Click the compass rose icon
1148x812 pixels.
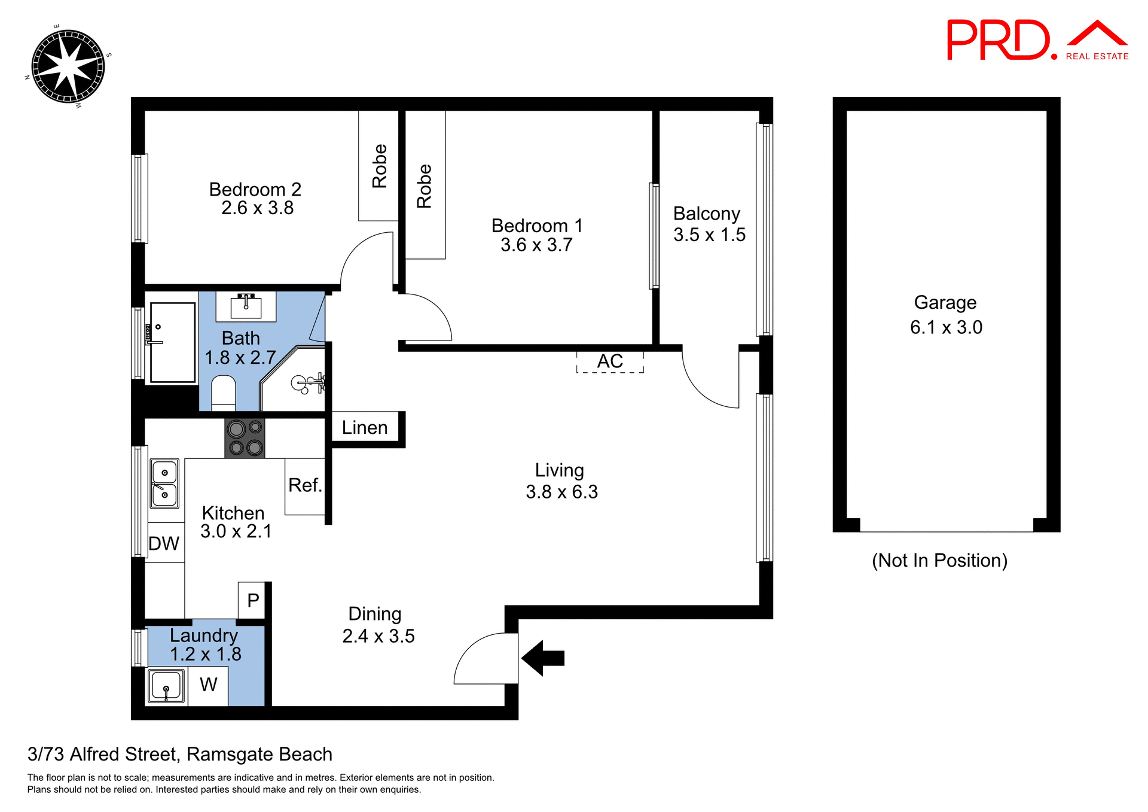[x=68, y=66]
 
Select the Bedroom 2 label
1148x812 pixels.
[x=255, y=189]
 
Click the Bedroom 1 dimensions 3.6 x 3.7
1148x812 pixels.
[x=536, y=245]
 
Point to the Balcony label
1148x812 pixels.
[x=706, y=214]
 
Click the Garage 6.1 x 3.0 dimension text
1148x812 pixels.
[x=946, y=327]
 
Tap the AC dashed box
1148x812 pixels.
[x=610, y=361]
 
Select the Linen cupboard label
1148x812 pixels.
[x=365, y=427]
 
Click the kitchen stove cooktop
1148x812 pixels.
[x=245, y=438]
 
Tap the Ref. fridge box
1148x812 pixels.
[x=305, y=485]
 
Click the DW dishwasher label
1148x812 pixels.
[x=164, y=543]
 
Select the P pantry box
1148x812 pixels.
[x=252, y=600]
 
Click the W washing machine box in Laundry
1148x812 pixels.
[x=208, y=685]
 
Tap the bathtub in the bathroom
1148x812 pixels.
[x=172, y=342]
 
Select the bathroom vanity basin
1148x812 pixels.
[x=246, y=307]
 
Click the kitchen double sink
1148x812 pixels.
[x=164, y=483]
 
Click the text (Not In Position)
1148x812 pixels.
[x=939, y=561]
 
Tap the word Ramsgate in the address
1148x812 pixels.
[x=224, y=755]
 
